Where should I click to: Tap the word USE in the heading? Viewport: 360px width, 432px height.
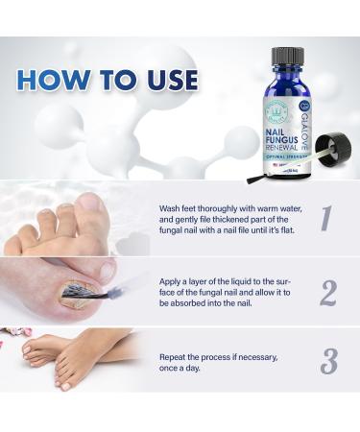162,78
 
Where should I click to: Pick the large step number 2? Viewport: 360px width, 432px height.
327,291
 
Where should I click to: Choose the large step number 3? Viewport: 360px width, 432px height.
328,362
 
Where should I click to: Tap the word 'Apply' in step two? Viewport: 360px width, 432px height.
173,275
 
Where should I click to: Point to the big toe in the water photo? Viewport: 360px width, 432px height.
92,209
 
